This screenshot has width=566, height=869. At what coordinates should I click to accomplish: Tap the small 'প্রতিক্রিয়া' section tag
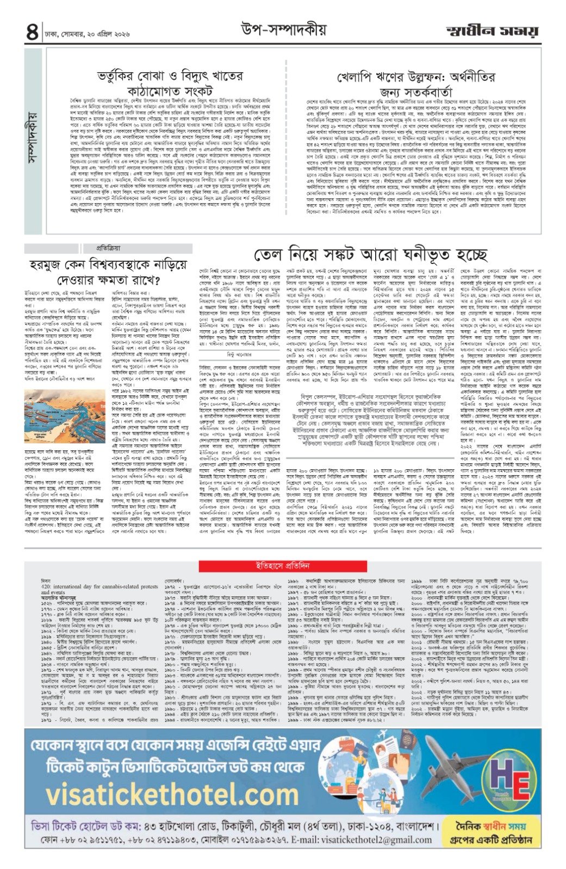(104, 249)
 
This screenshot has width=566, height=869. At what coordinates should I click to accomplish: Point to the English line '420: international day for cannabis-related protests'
(99, 587)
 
